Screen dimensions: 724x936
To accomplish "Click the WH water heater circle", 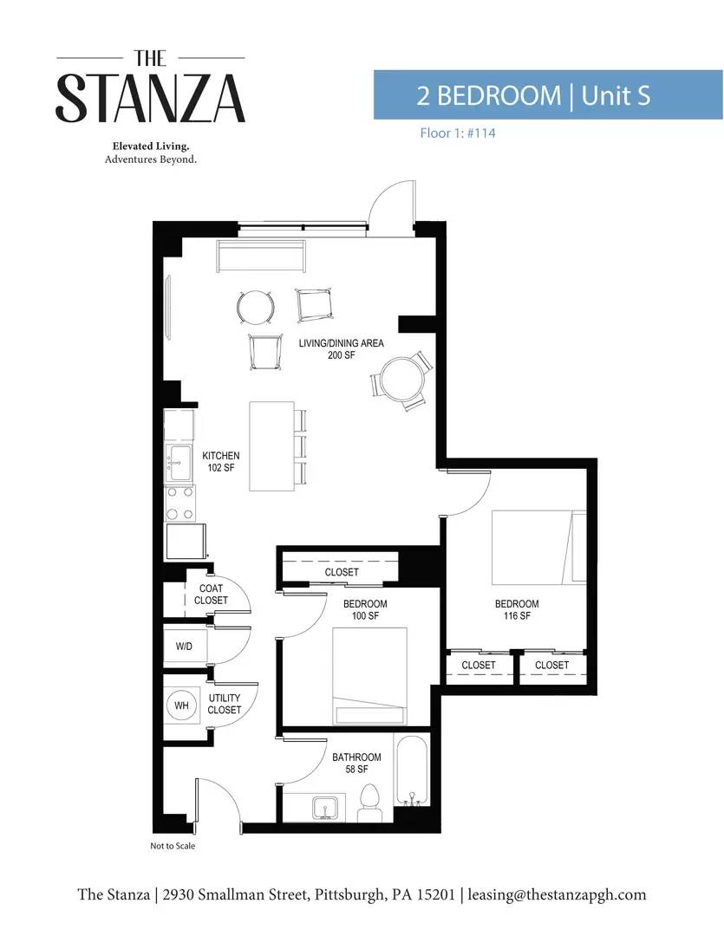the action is tap(181, 705).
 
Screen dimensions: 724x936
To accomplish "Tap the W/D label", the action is tap(184, 646).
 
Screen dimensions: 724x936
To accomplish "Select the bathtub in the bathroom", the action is tap(411, 770).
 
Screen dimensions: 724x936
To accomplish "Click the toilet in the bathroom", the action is tap(371, 803).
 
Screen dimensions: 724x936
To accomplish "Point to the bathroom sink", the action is tap(326, 808).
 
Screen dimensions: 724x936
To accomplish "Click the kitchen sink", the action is tap(179, 463).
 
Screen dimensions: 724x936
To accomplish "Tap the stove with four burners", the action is tap(180, 504).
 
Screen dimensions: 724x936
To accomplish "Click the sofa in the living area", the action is tap(261, 256).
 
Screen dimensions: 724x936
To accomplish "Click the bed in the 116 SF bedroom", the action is tap(538, 548).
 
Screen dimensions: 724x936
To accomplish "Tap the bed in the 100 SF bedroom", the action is tap(369, 676).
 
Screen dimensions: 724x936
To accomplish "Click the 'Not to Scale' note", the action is tap(173, 846).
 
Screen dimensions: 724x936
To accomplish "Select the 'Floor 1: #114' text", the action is tap(458, 133).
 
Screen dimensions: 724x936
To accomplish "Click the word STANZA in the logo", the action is tap(151, 98).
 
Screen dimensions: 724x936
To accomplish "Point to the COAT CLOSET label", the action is tap(211, 594).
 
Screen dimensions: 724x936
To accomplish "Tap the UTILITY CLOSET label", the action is tap(224, 704).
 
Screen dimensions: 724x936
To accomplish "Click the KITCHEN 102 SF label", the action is tap(221, 461).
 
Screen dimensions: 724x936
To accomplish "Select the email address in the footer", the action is tap(557, 894).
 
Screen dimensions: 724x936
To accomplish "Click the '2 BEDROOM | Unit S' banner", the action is tap(548, 95).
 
